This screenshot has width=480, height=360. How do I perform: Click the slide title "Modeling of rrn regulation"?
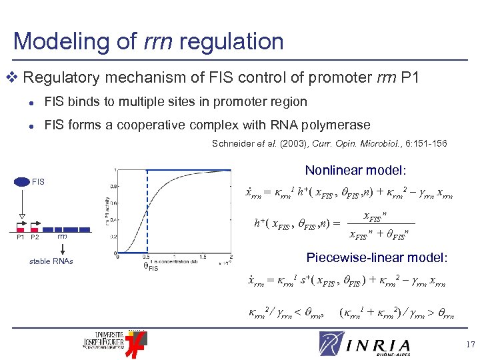[148, 41]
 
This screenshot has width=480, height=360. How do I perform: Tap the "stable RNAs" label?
[51, 261]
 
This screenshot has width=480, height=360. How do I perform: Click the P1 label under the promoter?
[20, 237]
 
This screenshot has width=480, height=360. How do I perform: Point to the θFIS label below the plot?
[151, 267]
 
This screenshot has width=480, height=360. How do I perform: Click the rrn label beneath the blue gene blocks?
[61, 236]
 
